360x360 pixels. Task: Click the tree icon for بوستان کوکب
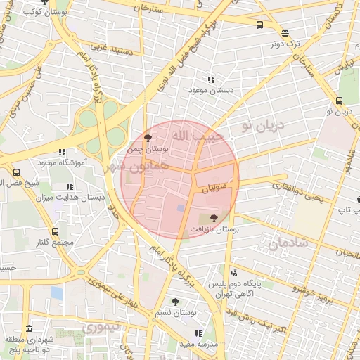(46, 4)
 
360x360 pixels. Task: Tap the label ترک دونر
(286, 44)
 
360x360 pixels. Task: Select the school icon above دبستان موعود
(210, 79)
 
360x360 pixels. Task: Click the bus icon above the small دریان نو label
(340, 101)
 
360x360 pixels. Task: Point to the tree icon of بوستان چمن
(147, 139)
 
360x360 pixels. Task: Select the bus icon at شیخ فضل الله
(16, 172)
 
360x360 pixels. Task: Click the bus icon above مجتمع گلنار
(55, 231)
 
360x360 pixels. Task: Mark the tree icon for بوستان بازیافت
(214, 218)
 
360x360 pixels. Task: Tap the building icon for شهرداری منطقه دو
(29, 329)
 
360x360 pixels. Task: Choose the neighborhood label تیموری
(101, 328)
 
